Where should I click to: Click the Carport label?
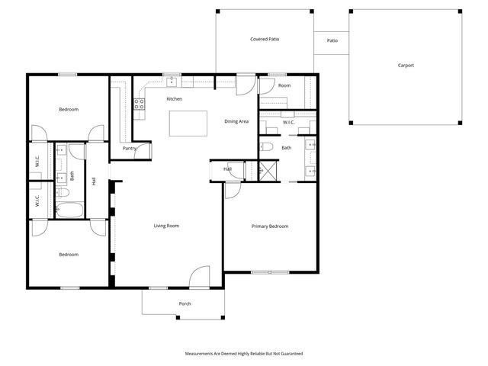point(406,66)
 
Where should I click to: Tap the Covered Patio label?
point(265,39)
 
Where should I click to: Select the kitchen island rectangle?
point(188,122)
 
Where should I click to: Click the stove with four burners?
point(140,105)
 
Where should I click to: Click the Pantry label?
point(129,149)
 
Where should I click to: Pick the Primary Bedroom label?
point(270,226)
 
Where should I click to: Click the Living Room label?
point(166,226)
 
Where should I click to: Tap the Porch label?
point(185,304)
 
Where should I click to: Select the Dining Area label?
point(236,121)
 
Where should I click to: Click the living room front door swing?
point(200,276)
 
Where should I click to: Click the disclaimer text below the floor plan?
point(244,354)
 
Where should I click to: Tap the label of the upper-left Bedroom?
point(69,110)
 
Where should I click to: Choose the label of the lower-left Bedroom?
point(69,255)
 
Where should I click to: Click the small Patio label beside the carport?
point(332,41)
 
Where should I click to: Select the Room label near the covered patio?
point(284,85)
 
